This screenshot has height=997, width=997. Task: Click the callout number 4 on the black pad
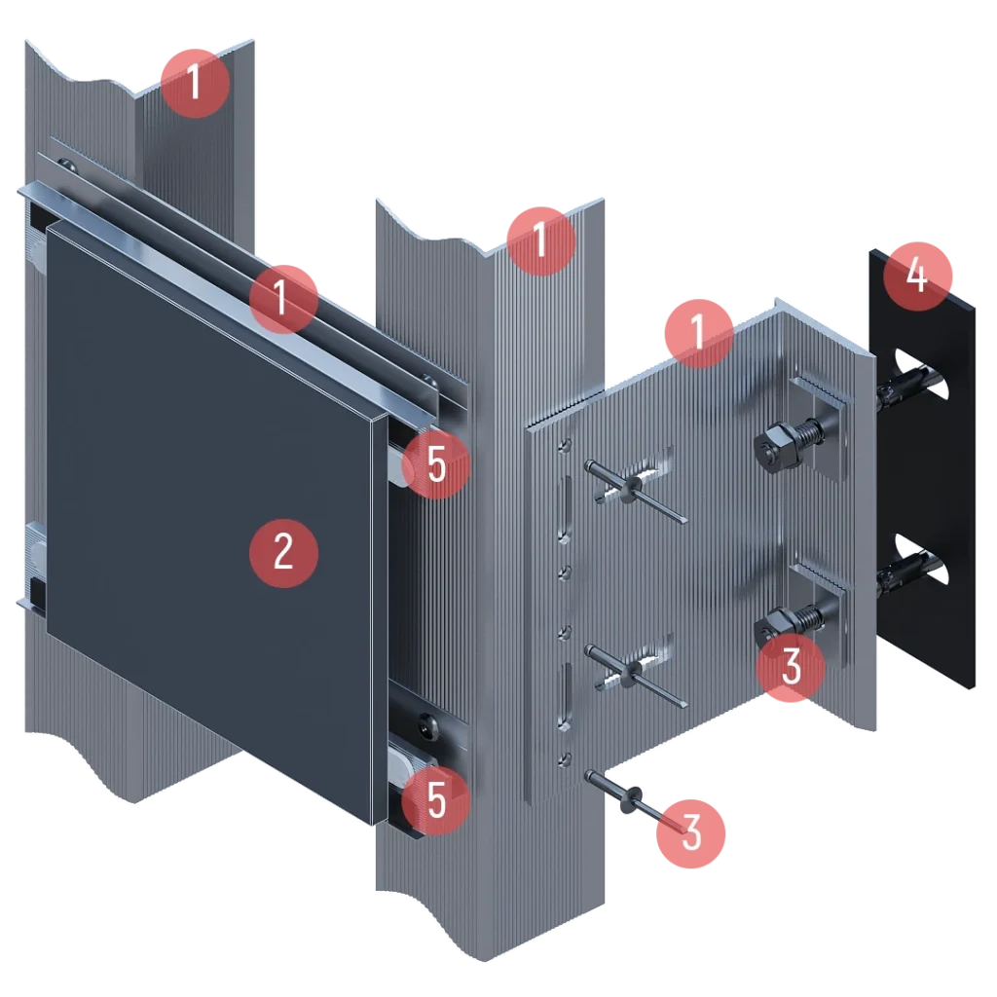coord(917,276)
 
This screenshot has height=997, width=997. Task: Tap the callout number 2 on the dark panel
coord(283,553)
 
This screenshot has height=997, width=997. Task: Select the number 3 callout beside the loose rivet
coord(690,833)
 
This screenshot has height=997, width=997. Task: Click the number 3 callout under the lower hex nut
coord(791,666)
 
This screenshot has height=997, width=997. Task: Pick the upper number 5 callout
coord(436,464)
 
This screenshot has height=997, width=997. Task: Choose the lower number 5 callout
coord(436,800)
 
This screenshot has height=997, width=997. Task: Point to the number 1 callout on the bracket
coord(699,333)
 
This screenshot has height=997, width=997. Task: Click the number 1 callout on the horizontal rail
coord(283,299)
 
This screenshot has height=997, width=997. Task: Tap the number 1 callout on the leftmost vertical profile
coord(195,83)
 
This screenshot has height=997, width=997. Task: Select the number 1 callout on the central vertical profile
coord(541,241)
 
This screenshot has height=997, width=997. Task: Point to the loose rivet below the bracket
coord(635,802)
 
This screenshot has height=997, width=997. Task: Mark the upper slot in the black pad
coord(922,375)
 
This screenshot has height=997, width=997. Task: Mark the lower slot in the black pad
coord(922,560)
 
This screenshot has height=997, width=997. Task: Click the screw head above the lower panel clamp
coord(426,723)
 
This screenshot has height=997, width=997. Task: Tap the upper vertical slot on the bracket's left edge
coord(564,508)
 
